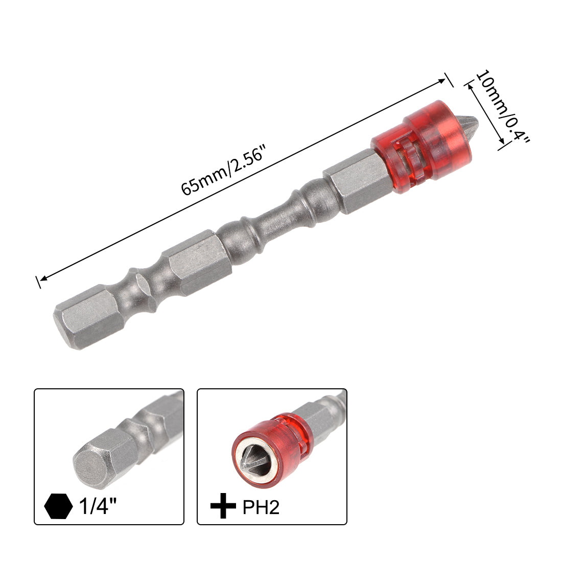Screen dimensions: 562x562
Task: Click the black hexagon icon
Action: tap(58, 506)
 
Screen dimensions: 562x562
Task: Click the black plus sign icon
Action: tap(223, 506)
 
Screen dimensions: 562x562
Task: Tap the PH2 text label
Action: tap(261, 507)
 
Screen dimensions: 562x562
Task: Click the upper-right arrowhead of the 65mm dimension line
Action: tap(443, 80)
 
